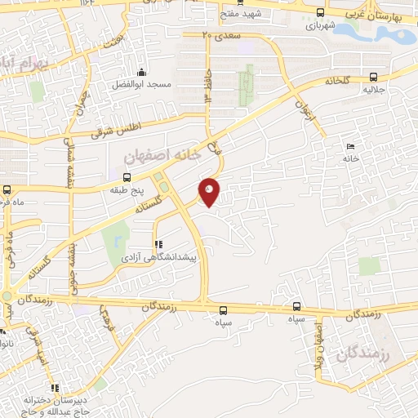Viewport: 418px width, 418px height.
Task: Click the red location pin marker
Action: coord(210,191)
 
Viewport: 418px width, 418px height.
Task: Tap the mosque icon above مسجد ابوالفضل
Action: coord(141,72)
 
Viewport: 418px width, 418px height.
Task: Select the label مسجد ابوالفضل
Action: coord(141,84)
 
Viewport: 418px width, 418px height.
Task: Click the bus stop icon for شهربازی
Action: coord(320,14)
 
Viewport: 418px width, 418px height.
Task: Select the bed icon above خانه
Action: coord(350,145)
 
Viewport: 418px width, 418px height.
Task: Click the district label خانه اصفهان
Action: coord(161,154)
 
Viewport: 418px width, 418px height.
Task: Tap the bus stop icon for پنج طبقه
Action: coord(127,177)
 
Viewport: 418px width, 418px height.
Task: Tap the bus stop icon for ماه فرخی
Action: coord(7,188)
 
